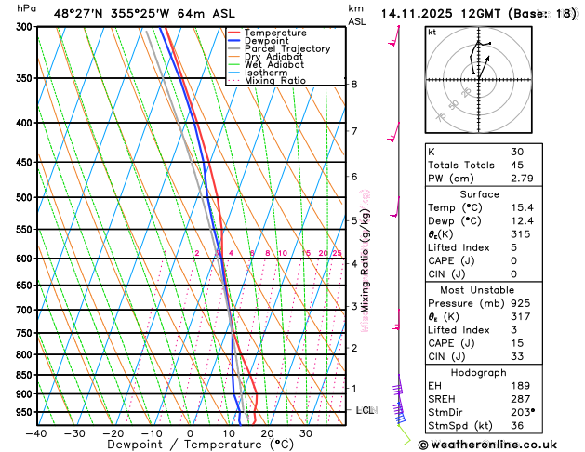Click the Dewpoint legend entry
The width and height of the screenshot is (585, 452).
[x=266, y=41]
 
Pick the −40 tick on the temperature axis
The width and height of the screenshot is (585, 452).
[x=36, y=433]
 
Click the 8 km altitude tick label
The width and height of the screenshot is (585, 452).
[x=354, y=85]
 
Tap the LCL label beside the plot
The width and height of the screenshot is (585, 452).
[x=366, y=410]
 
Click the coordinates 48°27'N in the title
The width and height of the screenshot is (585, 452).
[x=80, y=13]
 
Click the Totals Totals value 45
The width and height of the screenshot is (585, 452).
[x=517, y=165]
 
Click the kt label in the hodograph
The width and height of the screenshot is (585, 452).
[x=432, y=33]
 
